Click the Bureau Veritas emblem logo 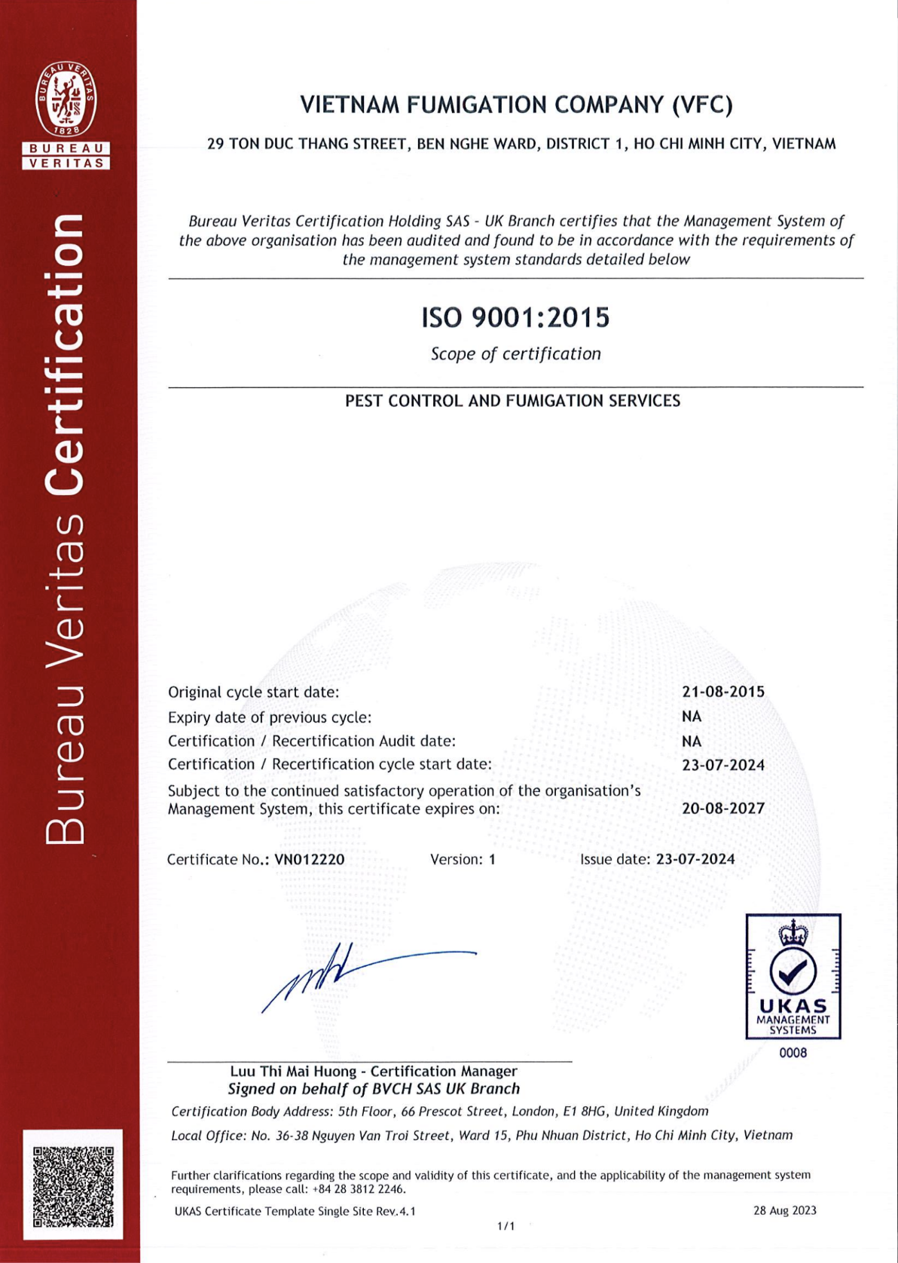[66, 113]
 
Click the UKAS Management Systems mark [793, 977]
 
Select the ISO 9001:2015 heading [515, 317]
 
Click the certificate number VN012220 [310, 859]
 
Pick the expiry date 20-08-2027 [723, 809]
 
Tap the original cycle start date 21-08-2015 [723, 692]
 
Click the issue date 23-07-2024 [695, 859]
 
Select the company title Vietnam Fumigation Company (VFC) [516, 105]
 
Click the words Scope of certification [515, 353]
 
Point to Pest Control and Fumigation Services [512, 401]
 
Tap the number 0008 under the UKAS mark [793, 1053]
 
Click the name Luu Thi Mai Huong [293, 1071]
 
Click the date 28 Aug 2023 [784, 1211]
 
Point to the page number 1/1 [506, 1226]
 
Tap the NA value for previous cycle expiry [692, 717]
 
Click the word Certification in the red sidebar [65, 354]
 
